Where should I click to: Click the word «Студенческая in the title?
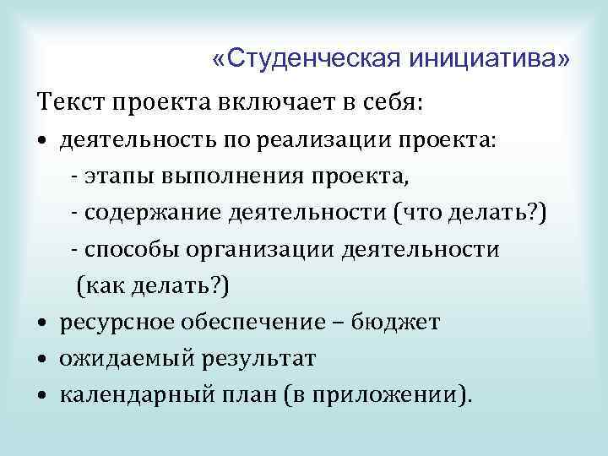(306, 59)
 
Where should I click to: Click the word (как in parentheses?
(100, 286)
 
